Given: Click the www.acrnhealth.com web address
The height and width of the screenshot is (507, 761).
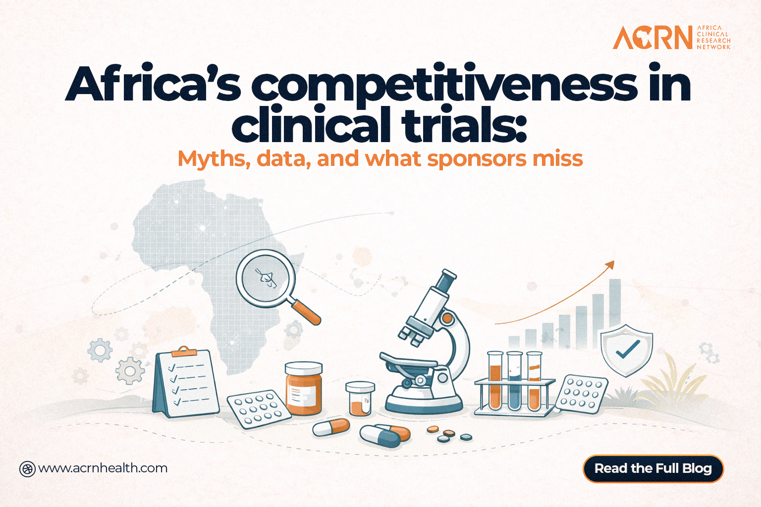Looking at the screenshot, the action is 103,468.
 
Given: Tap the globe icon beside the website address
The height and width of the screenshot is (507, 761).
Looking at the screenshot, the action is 27,469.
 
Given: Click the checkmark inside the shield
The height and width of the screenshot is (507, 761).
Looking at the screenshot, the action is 628,349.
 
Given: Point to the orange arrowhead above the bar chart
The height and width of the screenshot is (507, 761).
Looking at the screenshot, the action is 610,265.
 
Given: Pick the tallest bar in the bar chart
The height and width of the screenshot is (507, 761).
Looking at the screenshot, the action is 615,313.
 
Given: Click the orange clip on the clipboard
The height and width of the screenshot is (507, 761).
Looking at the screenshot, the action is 183,352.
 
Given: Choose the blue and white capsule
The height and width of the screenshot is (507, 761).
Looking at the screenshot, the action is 380,436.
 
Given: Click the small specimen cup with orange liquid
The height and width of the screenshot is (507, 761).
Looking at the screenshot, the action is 360,399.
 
